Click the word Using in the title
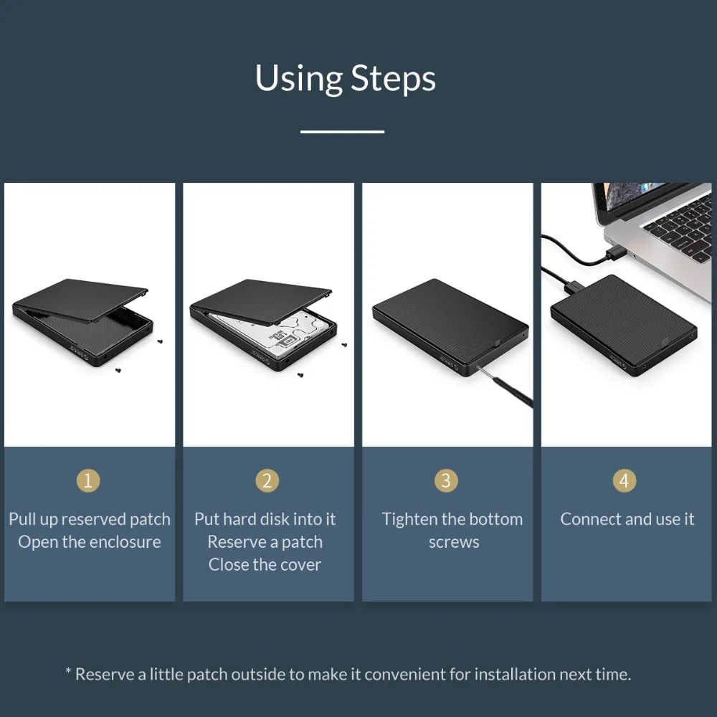299,79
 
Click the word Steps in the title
393,79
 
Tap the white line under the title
342,131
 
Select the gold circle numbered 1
89,480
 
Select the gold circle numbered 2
267,480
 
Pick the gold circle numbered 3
446,480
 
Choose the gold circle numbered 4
624,480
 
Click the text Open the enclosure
90,542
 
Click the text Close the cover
265,565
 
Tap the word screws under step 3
453,542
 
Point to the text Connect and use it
627,519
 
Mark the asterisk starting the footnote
69,673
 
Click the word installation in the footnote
515,674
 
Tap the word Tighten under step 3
411,519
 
